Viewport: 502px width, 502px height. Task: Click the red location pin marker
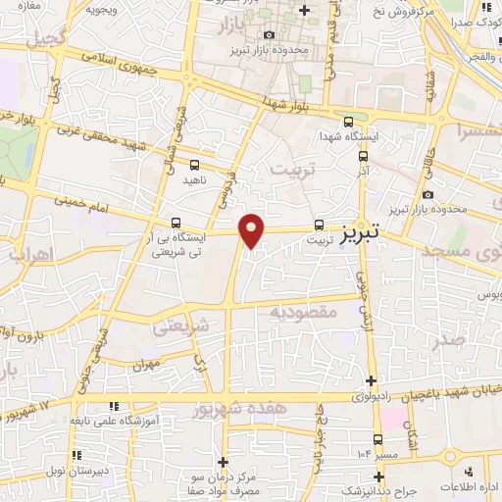(252, 229)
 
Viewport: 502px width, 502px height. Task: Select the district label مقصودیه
(304, 312)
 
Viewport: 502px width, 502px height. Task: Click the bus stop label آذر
(364, 171)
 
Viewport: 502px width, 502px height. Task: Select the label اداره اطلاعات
(470, 487)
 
